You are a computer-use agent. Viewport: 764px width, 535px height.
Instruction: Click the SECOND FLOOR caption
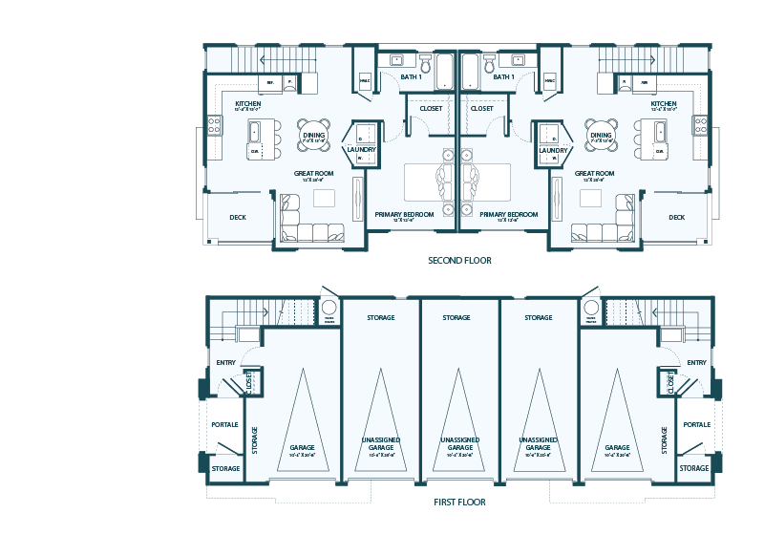coord(459,260)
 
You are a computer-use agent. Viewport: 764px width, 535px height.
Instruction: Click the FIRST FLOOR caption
coord(459,502)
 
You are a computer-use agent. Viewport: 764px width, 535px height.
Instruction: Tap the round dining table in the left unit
coord(314,134)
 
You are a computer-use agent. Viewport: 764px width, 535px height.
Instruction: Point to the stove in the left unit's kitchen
coord(215,125)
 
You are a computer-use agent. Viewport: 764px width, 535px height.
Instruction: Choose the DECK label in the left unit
coord(238,217)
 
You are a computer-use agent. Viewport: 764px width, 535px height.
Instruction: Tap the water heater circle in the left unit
coord(329,309)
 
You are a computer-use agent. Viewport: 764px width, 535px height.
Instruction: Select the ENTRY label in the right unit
coord(696,362)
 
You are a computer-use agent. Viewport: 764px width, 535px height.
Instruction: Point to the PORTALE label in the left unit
coord(224,424)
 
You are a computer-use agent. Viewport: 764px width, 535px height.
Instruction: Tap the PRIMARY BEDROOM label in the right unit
coord(508,215)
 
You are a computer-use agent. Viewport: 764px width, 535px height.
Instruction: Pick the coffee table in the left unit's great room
coord(325,198)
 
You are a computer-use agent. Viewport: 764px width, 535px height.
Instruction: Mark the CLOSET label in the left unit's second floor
coord(431,109)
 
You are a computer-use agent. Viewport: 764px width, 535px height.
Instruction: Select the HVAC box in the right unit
coord(549,82)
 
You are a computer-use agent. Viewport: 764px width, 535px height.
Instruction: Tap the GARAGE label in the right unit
coord(616,447)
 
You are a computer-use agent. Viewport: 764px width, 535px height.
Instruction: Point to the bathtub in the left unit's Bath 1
coord(444,70)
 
